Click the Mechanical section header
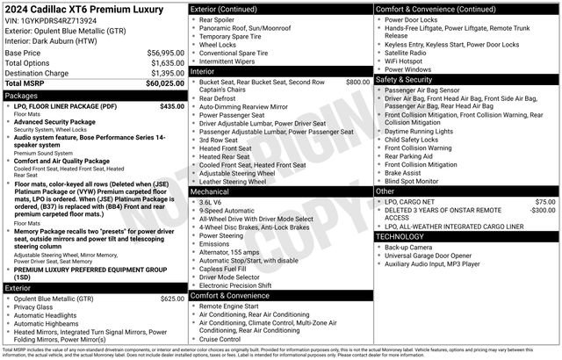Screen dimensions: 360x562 click(211, 190)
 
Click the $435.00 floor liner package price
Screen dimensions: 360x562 click(172, 106)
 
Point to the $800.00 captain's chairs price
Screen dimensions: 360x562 click(357, 82)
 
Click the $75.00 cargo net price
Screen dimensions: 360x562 click(544, 202)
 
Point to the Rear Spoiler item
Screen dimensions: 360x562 click(218, 18)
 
